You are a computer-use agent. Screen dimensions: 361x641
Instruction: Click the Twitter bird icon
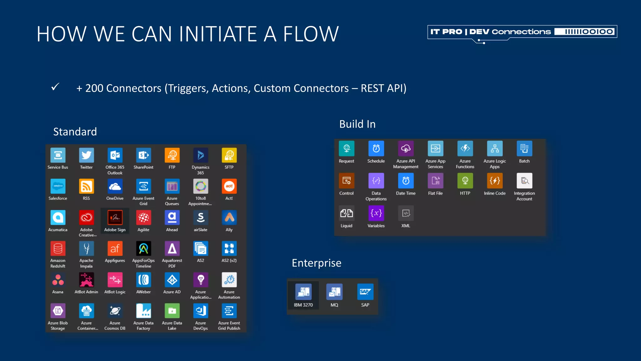[86, 155]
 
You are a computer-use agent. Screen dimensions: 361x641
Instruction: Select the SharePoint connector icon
[143, 155]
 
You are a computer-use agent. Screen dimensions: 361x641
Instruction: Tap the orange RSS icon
[86, 186]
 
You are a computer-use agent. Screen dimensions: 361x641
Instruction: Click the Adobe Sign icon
[115, 217]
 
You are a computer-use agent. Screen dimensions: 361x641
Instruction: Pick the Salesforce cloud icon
[58, 186]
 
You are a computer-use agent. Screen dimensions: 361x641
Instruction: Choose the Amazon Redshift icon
[58, 249]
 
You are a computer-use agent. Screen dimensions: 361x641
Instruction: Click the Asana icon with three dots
[58, 280]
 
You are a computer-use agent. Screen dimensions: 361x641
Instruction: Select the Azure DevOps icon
[201, 311]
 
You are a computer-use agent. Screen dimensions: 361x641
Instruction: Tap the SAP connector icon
[365, 292]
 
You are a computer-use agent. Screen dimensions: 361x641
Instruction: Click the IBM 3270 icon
[303, 292]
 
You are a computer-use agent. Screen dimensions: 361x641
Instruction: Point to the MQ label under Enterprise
[334, 305]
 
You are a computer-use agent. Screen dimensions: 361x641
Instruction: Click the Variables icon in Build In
[376, 213]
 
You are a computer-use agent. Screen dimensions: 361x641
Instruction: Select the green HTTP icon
[465, 181]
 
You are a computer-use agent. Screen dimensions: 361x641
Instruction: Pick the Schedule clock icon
[376, 149]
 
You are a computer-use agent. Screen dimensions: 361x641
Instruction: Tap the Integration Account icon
[524, 181]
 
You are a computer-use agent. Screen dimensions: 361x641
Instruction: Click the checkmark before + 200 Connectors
[55, 87]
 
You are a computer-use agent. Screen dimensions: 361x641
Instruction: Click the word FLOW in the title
[310, 34]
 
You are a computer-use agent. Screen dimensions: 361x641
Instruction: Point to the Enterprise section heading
[316, 263]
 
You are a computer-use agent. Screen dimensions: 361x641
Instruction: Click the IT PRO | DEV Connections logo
[522, 32]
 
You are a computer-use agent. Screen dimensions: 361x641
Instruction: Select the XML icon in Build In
[406, 213]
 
